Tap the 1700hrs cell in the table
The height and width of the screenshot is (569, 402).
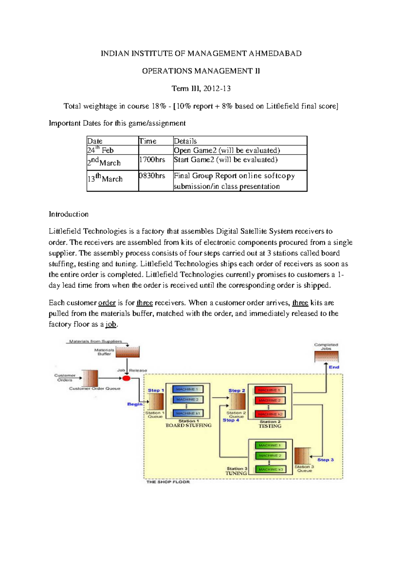click(x=152, y=160)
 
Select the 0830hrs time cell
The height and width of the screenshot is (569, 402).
click(x=152, y=176)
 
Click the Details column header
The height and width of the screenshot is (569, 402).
click(x=185, y=141)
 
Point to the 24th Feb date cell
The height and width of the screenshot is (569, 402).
click(x=100, y=150)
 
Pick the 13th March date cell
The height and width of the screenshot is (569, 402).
click(x=105, y=178)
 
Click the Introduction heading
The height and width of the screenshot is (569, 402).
click(x=69, y=214)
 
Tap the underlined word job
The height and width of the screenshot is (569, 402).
click(x=111, y=324)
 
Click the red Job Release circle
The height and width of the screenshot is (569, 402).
click(x=126, y=378)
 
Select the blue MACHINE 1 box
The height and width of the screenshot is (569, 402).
click(x=187, y=389)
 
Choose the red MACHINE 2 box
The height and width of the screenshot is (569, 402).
click(x=269, y=400)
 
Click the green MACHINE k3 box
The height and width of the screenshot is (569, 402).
click(x=271, y=469)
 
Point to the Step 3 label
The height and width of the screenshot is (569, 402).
click(x=325, y=460)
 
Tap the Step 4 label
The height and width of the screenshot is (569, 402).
click(x=231, y=420)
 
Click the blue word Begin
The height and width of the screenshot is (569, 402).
click(x=135, y=404)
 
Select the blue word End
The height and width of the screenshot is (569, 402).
click(x=334, y=367)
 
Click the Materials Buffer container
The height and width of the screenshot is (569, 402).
click(x=127, y=352)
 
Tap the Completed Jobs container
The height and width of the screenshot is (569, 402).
click(x=326, y=357)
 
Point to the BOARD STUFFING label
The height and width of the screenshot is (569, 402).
click(x=189, y=426)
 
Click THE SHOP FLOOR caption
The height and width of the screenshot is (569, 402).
click(x=168, y=482)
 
